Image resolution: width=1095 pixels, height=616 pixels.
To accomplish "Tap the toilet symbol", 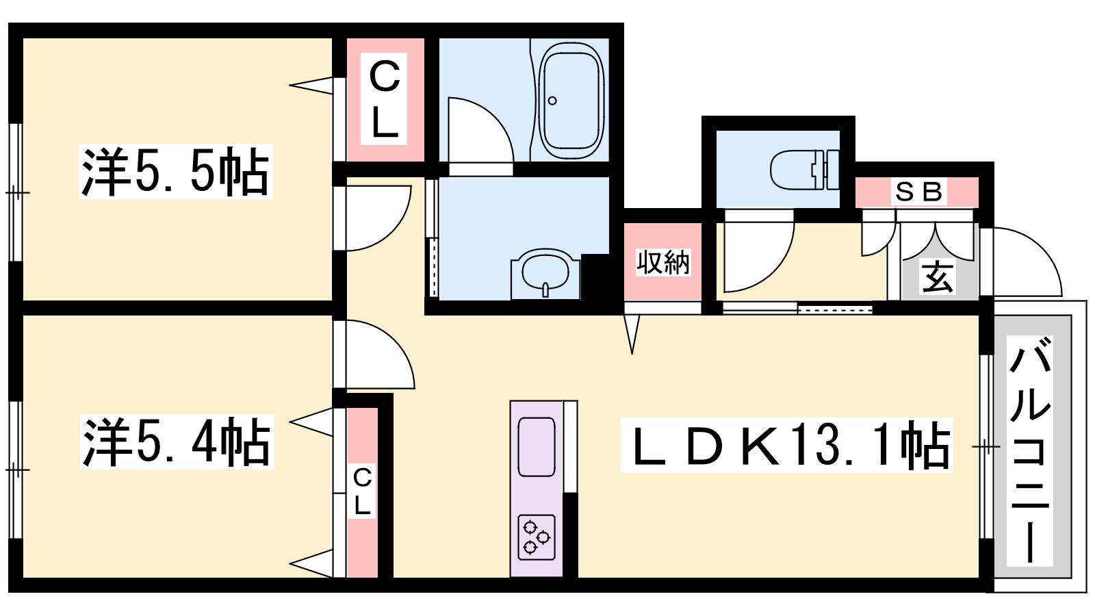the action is click(x=805, y=170).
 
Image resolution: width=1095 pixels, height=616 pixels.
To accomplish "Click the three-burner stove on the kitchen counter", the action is click(x=537, y=537).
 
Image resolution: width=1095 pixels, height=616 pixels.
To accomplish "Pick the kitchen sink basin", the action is click(x=537, y=447).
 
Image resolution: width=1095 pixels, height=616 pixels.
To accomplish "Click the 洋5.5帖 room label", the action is click(x=175, y=171).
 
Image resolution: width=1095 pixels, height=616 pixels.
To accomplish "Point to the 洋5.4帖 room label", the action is click(x=177, y=442).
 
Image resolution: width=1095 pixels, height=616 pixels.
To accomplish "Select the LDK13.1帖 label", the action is click(x=786, y=446).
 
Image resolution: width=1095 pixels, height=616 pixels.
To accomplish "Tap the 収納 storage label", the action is click(x=663, y=262).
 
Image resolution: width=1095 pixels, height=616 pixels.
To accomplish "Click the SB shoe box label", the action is click(x=918, y=192).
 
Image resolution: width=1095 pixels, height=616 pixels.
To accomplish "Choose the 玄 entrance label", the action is click(x=938, y=277).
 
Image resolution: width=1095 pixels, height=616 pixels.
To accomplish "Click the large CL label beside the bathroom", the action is click(x=384, y=99).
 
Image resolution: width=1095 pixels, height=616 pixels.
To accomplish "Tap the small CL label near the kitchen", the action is click(x=362, y=491).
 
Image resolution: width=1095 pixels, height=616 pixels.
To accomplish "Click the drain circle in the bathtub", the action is click(x=552, y=101).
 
